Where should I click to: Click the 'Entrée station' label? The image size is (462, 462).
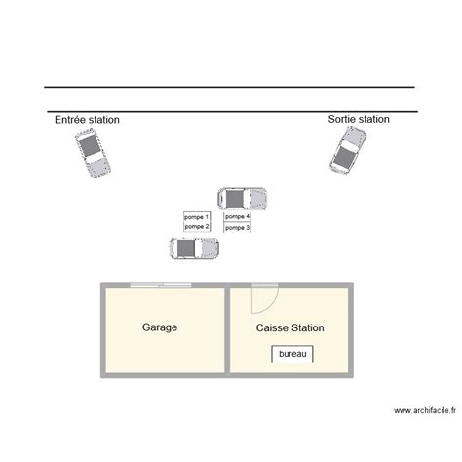(87, 120)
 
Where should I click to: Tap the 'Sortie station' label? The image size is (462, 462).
(359, 119)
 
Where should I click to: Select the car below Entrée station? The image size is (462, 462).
(93, 153)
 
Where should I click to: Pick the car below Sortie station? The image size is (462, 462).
(348, 151)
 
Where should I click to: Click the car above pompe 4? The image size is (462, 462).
(243, 198)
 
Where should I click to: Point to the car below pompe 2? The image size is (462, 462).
(194, 249)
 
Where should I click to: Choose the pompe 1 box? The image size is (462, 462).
(197, 216)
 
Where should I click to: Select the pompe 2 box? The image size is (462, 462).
(197, 227)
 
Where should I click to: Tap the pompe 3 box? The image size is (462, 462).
(237, 227)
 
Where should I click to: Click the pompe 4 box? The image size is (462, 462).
(237, 216)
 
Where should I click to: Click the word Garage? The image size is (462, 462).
(160, 327)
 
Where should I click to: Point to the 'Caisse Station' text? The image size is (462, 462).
(289, 327)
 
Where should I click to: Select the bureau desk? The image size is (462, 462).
(292, 354)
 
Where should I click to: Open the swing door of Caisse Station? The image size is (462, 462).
(265, 298)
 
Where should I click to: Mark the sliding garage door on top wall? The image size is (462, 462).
(161, 285)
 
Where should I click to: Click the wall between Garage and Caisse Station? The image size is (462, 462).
(227, 330)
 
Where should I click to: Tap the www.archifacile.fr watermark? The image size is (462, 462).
(425, 410)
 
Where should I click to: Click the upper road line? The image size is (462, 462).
(229, 87)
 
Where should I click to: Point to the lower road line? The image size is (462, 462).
(233, 112)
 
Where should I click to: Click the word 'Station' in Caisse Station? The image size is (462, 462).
(307, 327)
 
